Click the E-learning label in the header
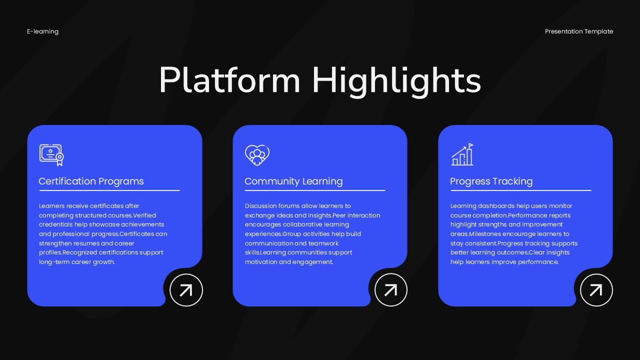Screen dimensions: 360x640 pos(42,31)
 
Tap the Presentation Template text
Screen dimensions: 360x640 pos(579,31)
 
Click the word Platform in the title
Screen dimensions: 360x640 pos(229,80)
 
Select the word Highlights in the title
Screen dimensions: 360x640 pos(396,80)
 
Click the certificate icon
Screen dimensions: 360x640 pos(52,155)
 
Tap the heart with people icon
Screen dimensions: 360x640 pos(257,155)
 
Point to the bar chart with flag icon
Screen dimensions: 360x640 pos(462,155)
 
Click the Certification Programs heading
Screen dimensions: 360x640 pos(91,181)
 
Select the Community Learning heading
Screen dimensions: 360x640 pos(293,181)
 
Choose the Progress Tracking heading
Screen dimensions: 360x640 pos(491,181)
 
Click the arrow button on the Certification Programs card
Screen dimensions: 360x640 pos(186,290)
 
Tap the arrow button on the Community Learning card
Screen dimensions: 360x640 pos(391,290)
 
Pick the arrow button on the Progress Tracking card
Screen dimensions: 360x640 pos(596,290)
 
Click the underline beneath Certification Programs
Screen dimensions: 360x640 pos(109,190)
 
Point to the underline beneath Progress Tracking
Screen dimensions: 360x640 pos(520,190)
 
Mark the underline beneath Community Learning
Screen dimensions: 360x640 pos(315,190)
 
